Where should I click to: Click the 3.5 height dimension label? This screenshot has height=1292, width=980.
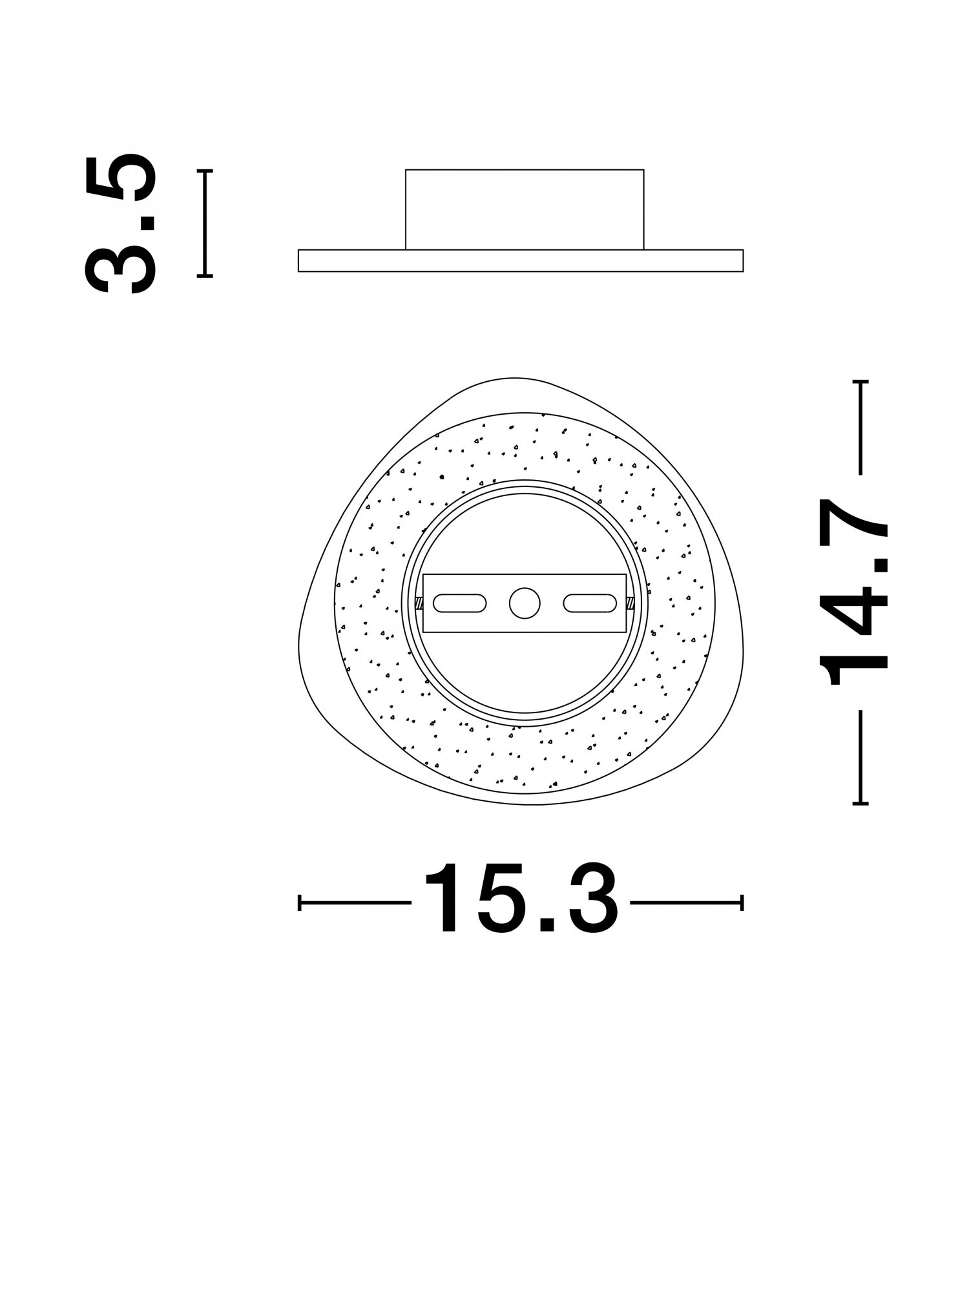[120, 223]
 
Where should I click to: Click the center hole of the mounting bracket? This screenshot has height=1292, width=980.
[525, 603]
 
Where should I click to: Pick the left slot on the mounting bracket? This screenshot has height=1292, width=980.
[459, 603]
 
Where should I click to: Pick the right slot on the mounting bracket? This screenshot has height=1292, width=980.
[590, 603]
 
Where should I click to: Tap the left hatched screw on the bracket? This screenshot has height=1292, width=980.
[419, 603]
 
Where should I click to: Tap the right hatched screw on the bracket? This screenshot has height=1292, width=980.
[630, 603]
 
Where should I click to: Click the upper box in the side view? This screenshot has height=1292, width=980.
[525, 209]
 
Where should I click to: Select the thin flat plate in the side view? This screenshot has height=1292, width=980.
[521, 260]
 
